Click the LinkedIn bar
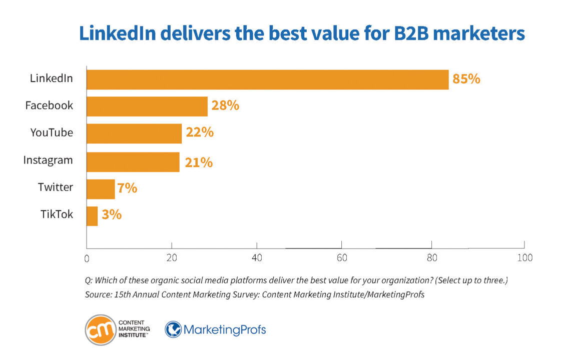coord(267,79)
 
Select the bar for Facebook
coord(147,106)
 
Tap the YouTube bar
coord(134,133)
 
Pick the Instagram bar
coord(133,161)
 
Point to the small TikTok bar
coord(92,215)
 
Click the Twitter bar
coord(101,188)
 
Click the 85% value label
coord(466,79)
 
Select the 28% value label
coord(225,106)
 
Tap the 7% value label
coord(127,188)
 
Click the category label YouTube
coord(52,133)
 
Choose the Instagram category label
coord(48,160)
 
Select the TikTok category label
coord(57,214)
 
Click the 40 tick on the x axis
coord(257,258)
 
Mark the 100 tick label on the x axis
coord(524,258)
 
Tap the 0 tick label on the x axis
coord(87,259)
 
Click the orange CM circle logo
coord(101,330)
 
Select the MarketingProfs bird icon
coord(173,329)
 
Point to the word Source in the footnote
coord(98,294)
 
